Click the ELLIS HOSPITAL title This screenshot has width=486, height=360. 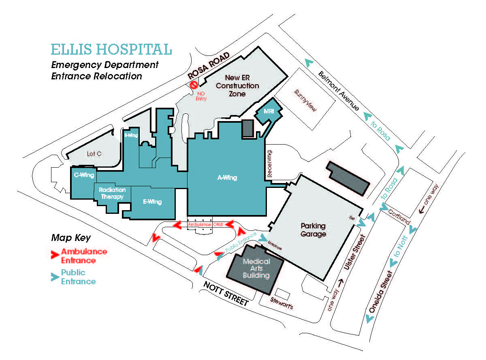pyautogui.click(x=111, y=49)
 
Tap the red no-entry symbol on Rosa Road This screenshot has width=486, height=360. pyautogui.click(x=194, y=85)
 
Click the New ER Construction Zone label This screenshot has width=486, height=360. pyautogui.click(x=237, y=85)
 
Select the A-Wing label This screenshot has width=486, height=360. pyautogui.click(x=227, y=177)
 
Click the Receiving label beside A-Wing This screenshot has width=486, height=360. pyautogui.click(x=270, y=164)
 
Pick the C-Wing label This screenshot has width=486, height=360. pyautogui.click(x=84, y=175)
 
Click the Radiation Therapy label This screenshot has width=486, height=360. pyautogui.click(x=112, y=193)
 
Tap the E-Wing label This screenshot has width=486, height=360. pyautogui.click(x=152, y=202)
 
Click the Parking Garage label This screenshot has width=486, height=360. pyautogui.click(x=313, y=230)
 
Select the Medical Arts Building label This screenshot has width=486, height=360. pyautogui.click(x=256, y=268)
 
